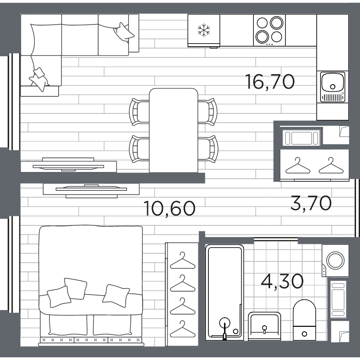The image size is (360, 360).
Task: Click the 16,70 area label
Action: (270, 82)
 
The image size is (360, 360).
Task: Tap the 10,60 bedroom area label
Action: (170, 208)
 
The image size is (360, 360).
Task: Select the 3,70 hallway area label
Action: (311, 203)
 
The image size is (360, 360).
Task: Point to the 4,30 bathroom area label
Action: (282, 281)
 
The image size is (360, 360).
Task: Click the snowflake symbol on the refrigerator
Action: (204, 30)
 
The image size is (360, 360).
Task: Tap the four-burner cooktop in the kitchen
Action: (269, 30)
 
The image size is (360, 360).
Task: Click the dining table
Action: (173, 130)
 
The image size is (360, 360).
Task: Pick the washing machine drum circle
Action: (335, 261)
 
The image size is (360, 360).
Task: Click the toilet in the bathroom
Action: (304, 320)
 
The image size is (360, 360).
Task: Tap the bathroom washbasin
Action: (264, 326)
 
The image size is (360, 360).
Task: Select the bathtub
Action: (224, 292)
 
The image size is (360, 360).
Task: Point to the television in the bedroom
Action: (91, 190)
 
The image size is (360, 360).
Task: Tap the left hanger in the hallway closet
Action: (298, 166)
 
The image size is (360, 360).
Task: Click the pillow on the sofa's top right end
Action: (124, 32)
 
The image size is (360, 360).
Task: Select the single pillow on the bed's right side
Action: (116, 296)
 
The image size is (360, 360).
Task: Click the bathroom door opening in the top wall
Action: (276, 240)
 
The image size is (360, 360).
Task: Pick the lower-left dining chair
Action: (139, 149)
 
